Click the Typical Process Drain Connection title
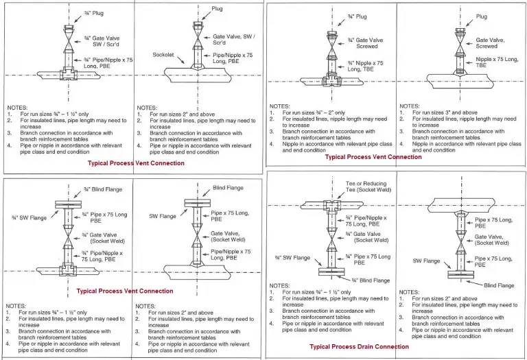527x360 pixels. (x=359, y=347)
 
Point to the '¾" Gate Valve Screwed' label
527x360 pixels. (x=365, y=43)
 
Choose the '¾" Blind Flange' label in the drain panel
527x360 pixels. (x=371, y=280)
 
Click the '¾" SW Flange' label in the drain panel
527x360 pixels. (x=292, y=258)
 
